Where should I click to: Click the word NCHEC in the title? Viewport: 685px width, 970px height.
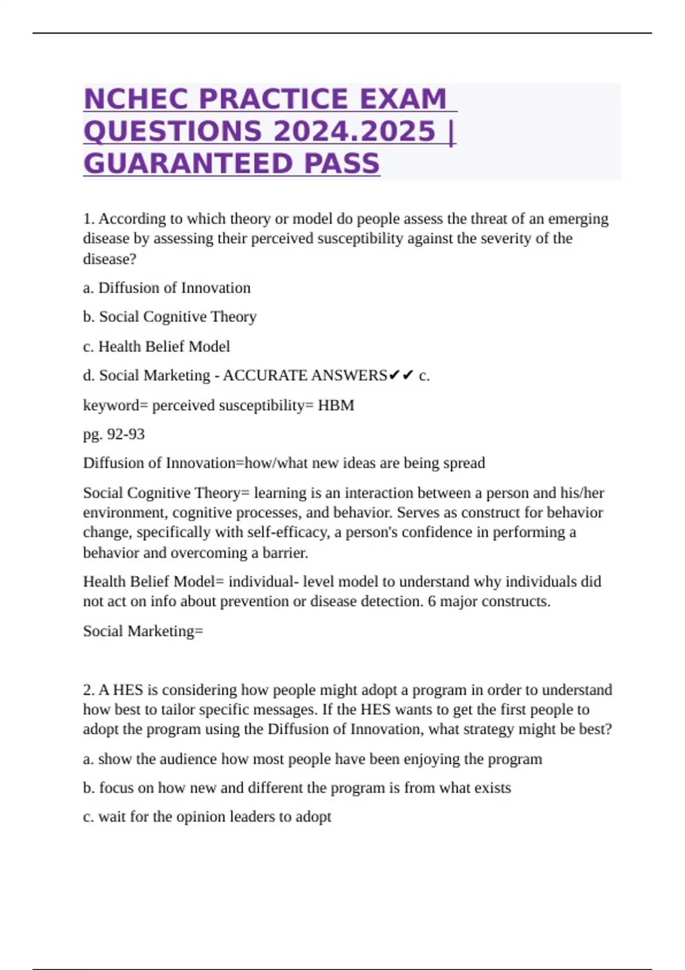[x=136, y=99]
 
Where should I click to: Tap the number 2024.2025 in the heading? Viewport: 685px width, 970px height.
[x=354, y=131]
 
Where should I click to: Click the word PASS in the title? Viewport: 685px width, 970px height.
[x=342, y=164]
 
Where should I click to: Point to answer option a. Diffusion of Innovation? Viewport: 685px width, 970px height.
[x=167, y=288]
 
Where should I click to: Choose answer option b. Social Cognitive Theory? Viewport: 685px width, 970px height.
[x=170, y=317]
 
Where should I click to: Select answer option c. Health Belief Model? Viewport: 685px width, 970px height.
[x=156, y=346]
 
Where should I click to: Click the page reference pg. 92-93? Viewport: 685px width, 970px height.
[x=114, y=434]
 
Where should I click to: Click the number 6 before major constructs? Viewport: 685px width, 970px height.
[x=432, y=601]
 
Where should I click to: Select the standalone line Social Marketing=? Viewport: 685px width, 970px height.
[x=143, y=631]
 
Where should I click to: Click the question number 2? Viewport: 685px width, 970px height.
[x=88, y=690]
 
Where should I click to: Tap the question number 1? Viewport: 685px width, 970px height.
[x=88, y=219]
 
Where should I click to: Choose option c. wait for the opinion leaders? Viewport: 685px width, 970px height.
[x=207, y=817]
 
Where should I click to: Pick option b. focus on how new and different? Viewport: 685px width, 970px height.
[x=297, y=788]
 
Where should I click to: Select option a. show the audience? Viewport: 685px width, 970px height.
[x=312, y=759]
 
